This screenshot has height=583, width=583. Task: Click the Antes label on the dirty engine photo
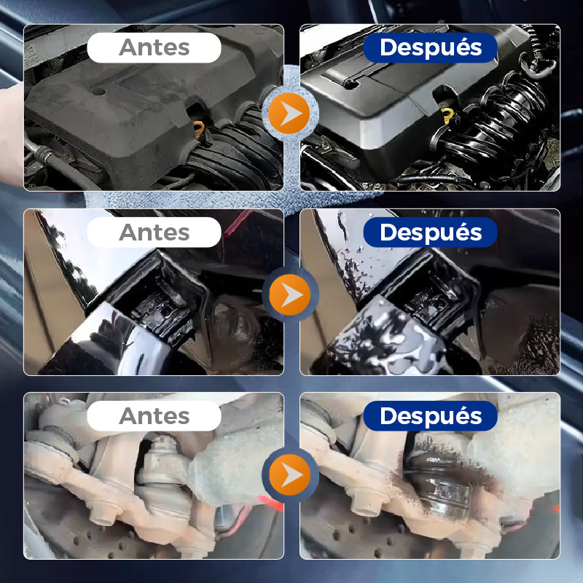coord(154,47)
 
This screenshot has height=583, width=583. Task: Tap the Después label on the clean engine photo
coord(431,47)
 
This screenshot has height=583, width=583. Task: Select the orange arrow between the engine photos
coord(289,114)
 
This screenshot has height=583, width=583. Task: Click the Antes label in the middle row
coord(154,232)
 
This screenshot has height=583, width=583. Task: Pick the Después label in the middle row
coord(431,232)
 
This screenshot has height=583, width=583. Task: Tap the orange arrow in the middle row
coord(289,295)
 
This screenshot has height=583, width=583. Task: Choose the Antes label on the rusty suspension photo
coord(154,415)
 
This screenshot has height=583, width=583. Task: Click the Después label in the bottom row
coord(431,415)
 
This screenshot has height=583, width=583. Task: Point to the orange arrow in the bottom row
coord(289,475)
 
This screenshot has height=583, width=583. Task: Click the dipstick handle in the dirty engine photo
coord(199,130)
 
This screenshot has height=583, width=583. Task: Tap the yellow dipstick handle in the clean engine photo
coord(447,116)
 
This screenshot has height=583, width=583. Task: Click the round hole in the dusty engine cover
coord(99,90)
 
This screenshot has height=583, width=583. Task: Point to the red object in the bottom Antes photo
coord(270,503)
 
